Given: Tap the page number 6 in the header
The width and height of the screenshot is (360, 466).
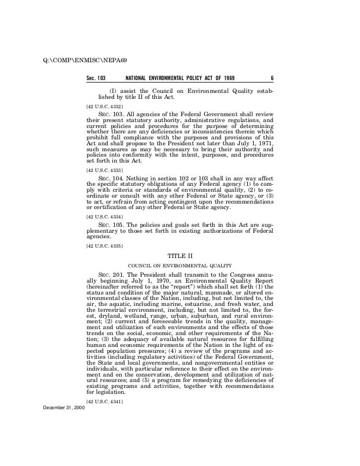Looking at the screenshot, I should pos(272,78).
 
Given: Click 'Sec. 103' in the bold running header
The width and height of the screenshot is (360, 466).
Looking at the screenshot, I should pos(96,78).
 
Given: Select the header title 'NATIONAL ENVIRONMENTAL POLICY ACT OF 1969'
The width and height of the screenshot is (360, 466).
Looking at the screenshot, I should pos(180,78).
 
